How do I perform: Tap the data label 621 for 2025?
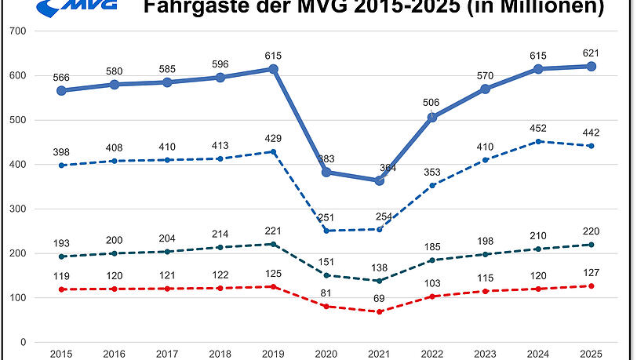591,52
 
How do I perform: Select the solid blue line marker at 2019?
273,69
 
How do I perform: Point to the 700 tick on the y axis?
16,31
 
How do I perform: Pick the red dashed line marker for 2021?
379,311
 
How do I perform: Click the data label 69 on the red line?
379,299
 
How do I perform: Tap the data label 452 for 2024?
538,128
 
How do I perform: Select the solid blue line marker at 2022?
432,118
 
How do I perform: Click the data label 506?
432,101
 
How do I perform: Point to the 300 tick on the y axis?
16,209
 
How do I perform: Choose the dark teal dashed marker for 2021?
379,281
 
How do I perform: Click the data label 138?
379,267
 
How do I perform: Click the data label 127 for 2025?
591,273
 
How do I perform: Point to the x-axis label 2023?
485,354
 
